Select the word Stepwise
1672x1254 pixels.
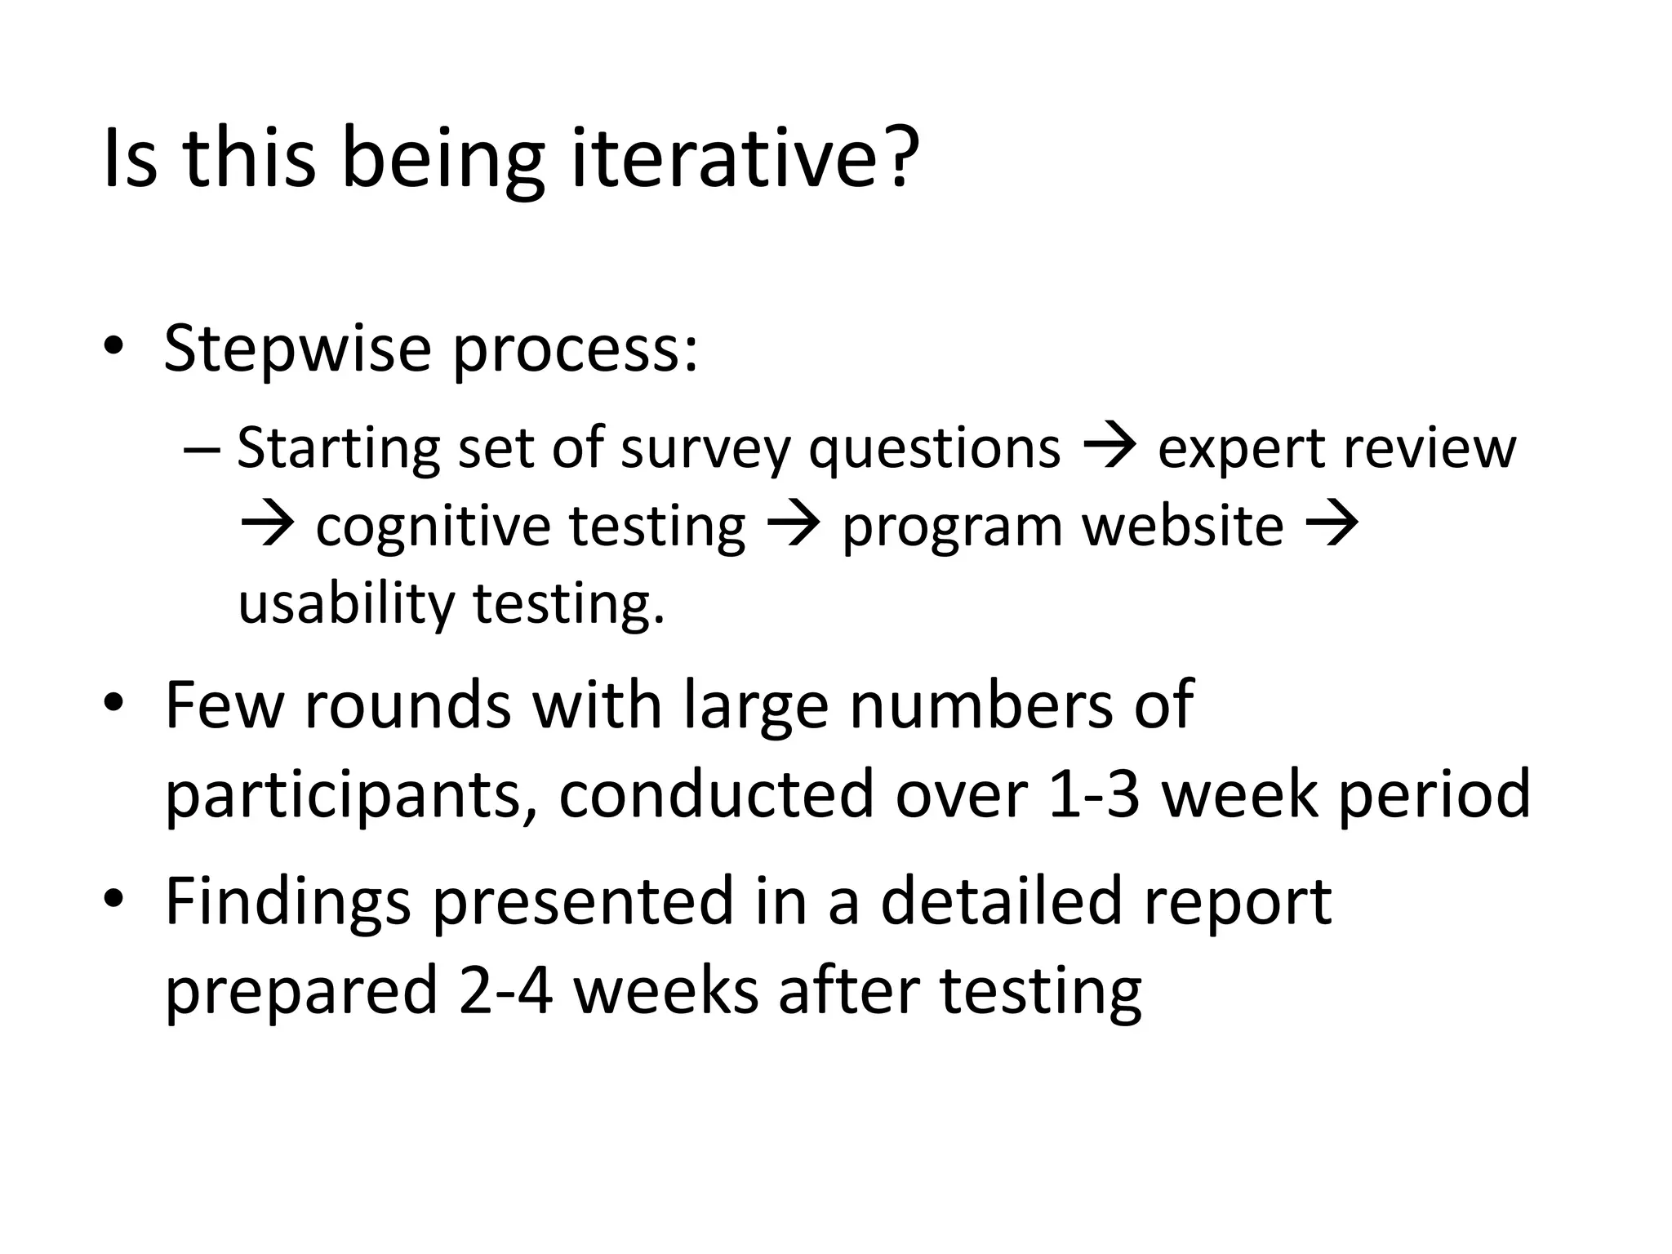[297, 349]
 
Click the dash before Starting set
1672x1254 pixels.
[202, 450]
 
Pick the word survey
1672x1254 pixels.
[705, 450]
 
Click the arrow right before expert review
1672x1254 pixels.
[1109, 448]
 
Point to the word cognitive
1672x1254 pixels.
[432, 527]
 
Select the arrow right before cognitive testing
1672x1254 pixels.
[267, 525]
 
